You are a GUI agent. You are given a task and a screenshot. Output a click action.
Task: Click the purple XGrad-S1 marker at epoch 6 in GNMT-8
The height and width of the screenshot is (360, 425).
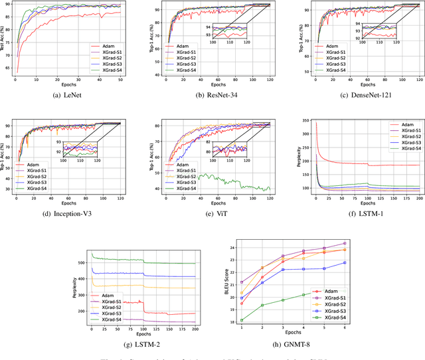[x=345, y=244]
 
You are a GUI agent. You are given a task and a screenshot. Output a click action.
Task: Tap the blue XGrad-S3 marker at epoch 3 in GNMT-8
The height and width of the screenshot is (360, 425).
[x=282, y=270]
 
